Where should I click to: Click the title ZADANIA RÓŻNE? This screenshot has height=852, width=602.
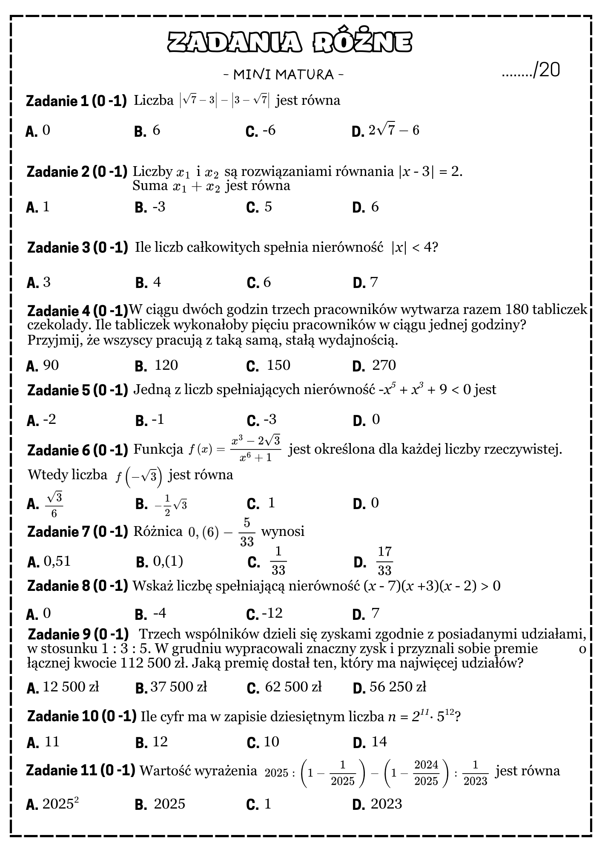(x=290, y=43)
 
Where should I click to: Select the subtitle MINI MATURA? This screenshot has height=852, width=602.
(x=284, y=75)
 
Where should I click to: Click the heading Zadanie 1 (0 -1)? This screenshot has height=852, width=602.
(x=77, y=101)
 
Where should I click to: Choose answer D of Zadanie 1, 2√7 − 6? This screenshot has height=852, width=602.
(x=394, y=130)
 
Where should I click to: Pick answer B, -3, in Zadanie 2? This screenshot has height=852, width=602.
(x=159, y=207)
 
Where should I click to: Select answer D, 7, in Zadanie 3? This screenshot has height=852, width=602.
(x=374, y=282)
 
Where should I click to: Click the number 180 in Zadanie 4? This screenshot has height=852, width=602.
(x=517, y=310)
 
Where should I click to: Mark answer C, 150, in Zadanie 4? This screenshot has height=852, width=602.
(x=278, y=366)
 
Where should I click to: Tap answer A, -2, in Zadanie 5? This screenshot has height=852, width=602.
(x=49, y=420)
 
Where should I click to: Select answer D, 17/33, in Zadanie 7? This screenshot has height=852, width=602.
(x=384, y=561)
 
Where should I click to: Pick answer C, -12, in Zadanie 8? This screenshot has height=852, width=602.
(x=272, y=613)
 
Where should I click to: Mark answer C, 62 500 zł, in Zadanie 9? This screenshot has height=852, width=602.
(x=293, y=687)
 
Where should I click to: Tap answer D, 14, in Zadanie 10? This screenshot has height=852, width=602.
(x=379, y=742)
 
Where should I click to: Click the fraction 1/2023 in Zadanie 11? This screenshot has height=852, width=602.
(x=475, y=772)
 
